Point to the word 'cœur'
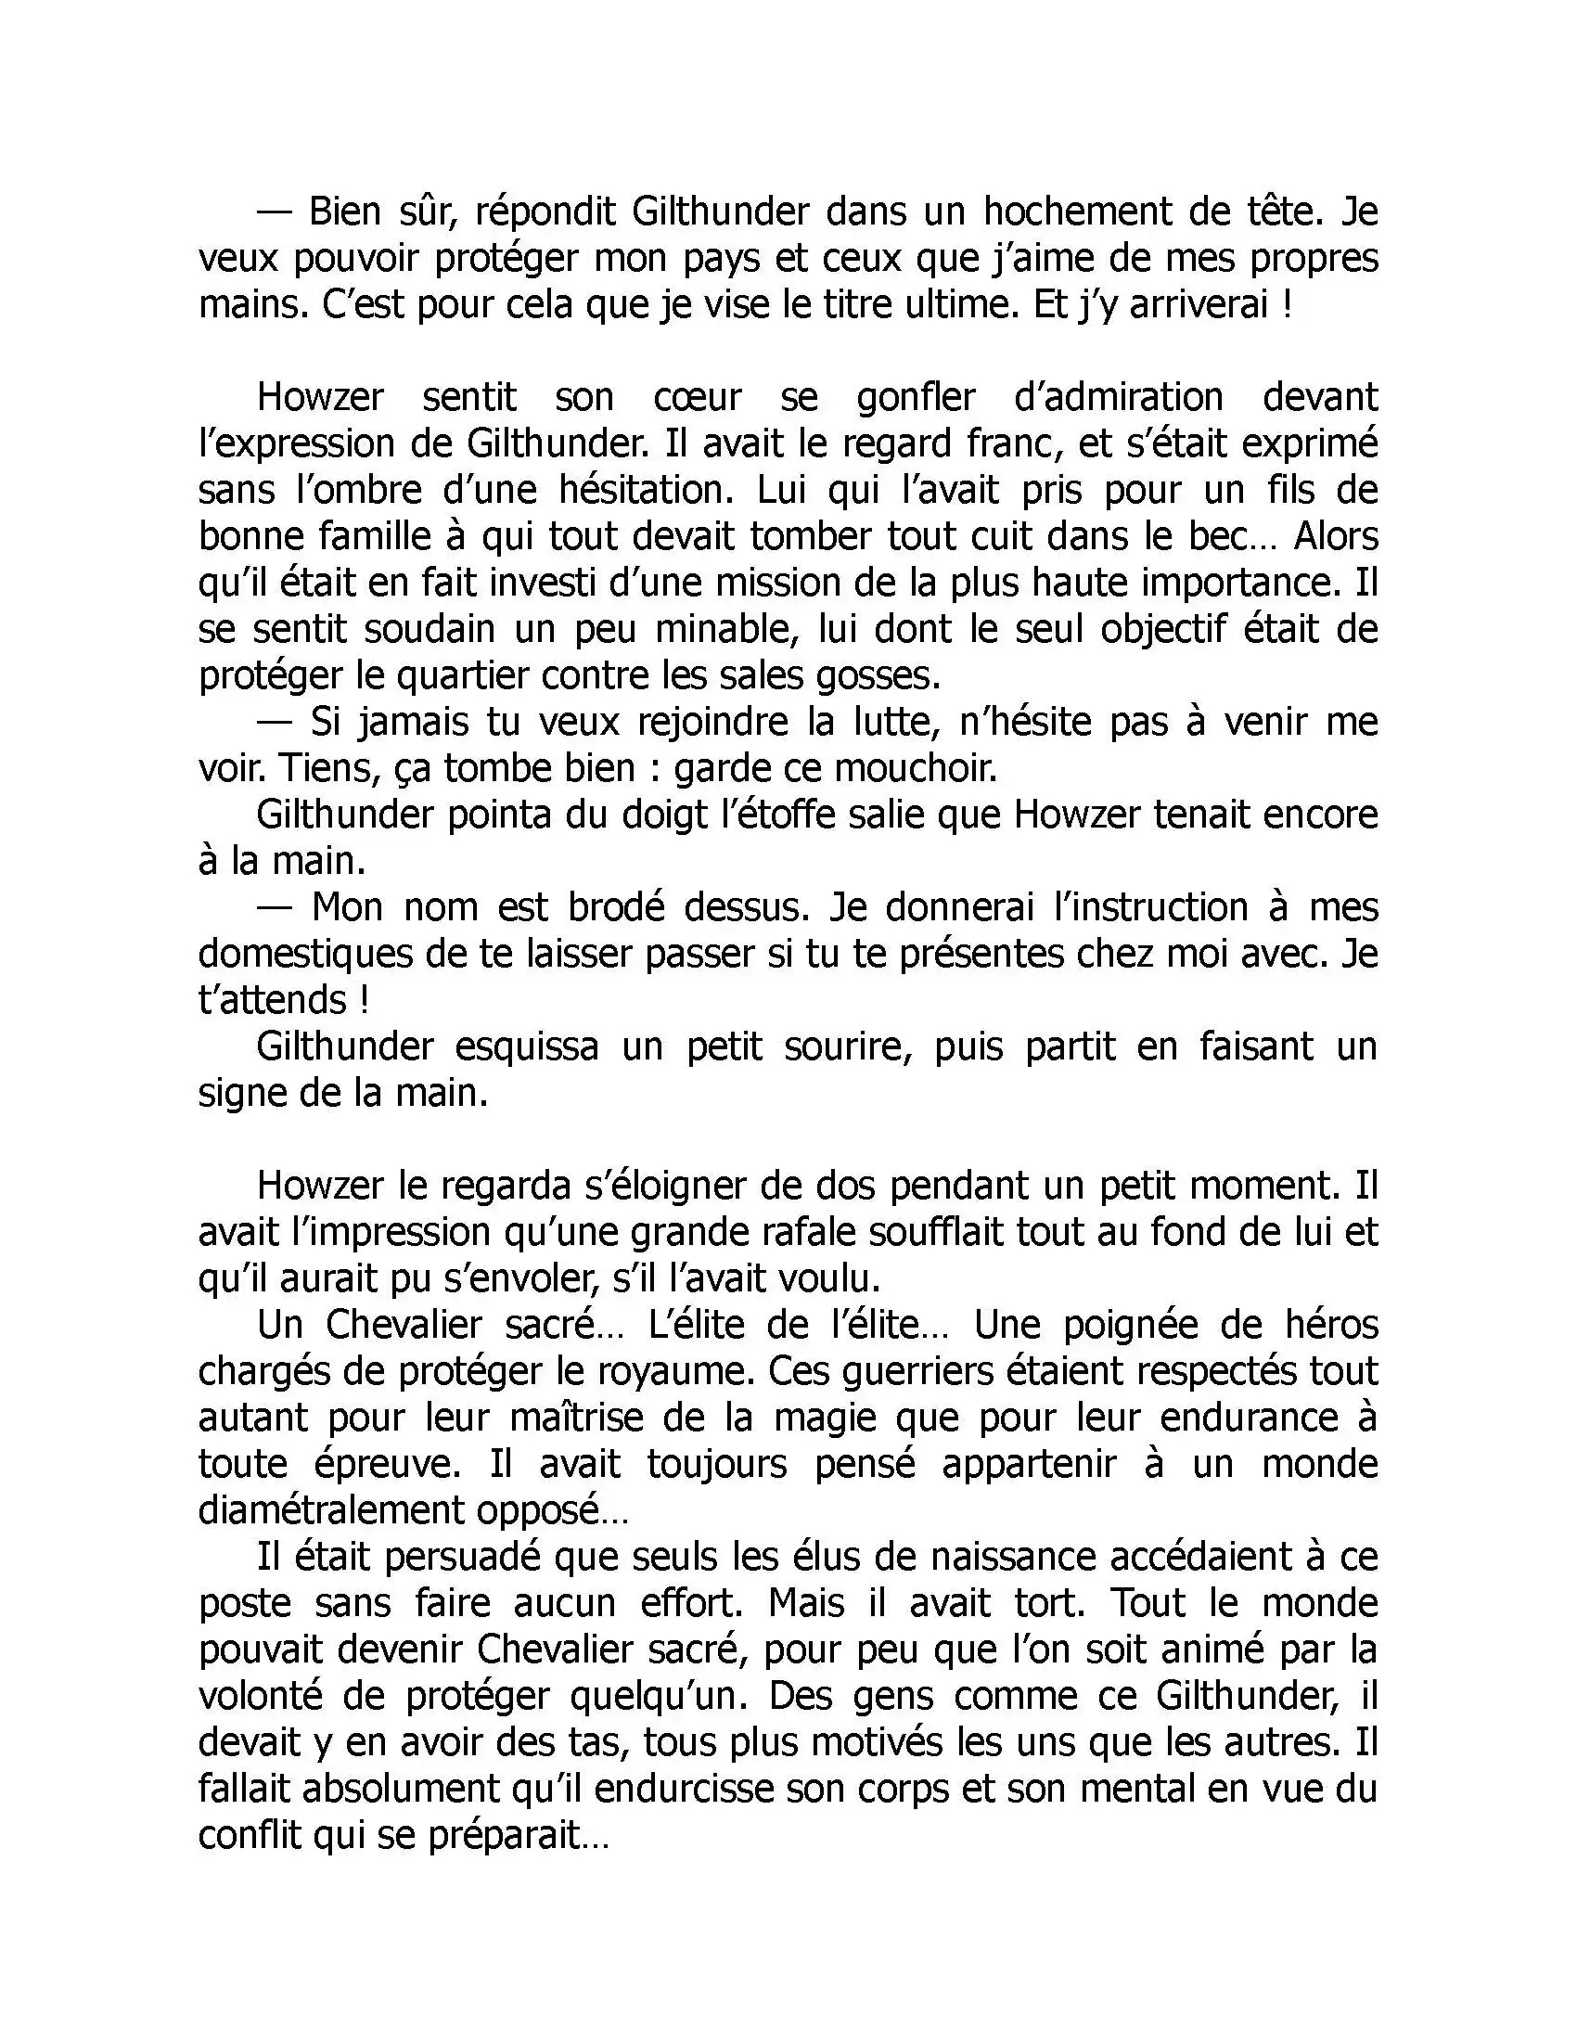[x=697, y=397]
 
